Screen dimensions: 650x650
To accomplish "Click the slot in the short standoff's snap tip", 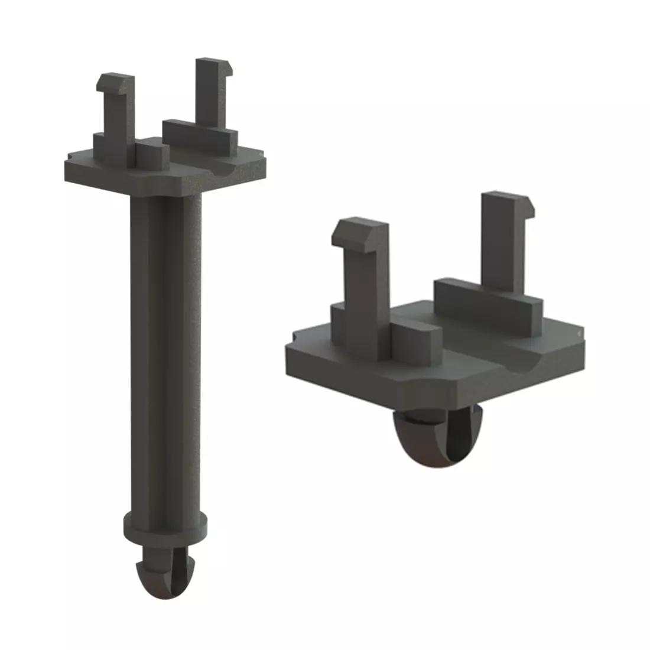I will pyautogui.click(x=452, y=437).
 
